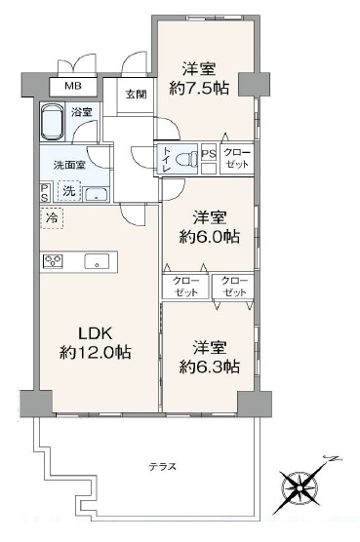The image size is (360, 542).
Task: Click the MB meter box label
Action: point(73,86)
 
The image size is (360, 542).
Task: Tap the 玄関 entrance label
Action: point(136,95)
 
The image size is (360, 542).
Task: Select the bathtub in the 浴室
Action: point(53,122)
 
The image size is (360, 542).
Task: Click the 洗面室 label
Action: point(69,165)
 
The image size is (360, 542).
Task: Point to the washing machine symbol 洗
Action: point(69,191)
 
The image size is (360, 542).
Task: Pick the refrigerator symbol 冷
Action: point(52,218)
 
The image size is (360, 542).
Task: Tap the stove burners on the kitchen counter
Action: point(53,260)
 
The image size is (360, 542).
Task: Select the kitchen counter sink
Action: point(97,261)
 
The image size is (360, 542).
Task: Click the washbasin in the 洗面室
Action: point(97,194)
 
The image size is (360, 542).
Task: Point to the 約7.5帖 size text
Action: point(199,89)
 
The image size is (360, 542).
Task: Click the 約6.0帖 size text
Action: point(209,237)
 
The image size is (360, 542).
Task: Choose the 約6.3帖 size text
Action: point(209,367)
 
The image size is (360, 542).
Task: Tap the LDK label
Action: point(95,334)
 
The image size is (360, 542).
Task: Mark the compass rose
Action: point(299,487)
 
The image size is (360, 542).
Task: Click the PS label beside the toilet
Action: point(209,154)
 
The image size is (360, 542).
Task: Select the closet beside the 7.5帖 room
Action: point(237,158)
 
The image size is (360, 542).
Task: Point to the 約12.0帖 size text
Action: point(95,353)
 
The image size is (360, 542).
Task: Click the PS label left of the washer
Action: point(45,193)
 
